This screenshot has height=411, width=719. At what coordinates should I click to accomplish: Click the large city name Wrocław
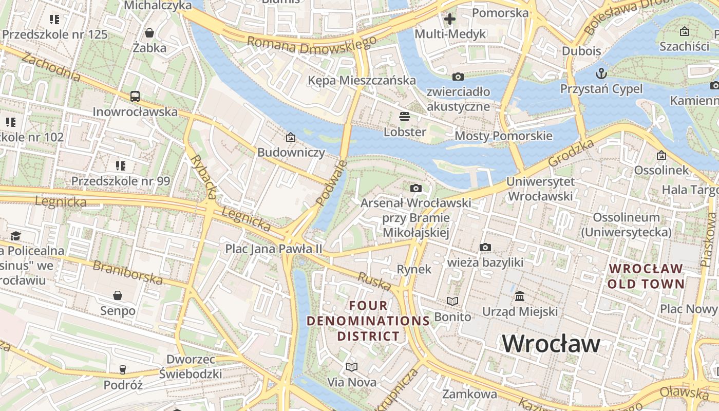(551, 343)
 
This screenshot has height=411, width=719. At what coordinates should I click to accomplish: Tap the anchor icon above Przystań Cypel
(601, 73)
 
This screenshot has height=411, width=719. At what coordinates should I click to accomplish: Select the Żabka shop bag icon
(149, 33)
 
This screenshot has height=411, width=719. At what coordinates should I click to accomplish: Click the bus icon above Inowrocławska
(135, 96)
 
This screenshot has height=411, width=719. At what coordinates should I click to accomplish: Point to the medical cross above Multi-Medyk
(450, 20)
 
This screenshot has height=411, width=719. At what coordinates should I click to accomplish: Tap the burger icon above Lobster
(405, 117)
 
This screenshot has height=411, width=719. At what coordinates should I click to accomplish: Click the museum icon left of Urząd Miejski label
(520, 296)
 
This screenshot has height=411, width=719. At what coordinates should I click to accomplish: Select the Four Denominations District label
(368, 321)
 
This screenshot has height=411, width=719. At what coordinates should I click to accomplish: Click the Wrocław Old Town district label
(646, 276)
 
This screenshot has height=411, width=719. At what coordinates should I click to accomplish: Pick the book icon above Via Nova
(352, 367)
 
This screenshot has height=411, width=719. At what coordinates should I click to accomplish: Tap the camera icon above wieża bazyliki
(485, 248)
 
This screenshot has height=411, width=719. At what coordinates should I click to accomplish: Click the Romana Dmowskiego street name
(311, 45)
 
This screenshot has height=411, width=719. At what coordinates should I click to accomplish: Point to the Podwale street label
(331, 183)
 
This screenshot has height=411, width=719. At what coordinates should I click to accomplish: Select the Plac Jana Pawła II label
(274, 249)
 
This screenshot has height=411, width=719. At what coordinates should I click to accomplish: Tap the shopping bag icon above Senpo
(118, 295)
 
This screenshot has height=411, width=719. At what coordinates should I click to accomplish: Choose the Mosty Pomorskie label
(503, 136)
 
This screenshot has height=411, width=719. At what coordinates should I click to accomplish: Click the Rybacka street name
(204, 176)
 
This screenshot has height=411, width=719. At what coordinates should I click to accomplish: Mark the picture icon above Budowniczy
(291, 137)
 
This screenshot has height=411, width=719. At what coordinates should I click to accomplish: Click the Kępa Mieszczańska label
(362, 80)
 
